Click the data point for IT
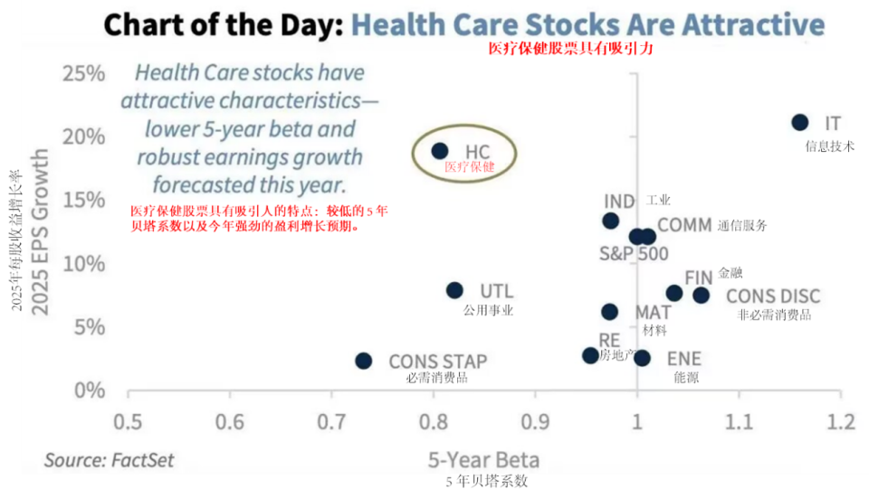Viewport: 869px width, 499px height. click(800, 122)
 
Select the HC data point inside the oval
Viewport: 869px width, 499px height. click(440, 151)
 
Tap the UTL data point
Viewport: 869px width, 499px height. click(454, 290)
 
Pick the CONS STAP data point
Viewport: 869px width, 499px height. click(363, 361)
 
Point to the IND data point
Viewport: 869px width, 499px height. click(611, 221)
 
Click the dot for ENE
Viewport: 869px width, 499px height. click(642, 358)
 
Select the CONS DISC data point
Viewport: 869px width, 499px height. click(702, 295)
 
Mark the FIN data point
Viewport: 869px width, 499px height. click(674, 293)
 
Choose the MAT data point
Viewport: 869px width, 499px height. click(610, 312)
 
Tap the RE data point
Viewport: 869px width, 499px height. click(590, 355)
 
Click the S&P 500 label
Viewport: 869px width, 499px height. click(634, 254)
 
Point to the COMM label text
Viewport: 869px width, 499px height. click(684, 225)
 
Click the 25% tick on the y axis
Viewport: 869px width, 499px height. click(83, 72)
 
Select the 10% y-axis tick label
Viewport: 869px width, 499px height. click(83, 264)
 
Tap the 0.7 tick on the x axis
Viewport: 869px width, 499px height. click(331, 422)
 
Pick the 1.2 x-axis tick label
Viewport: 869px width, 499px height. click(841, 422)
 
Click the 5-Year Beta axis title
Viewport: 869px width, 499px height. click(483, 459)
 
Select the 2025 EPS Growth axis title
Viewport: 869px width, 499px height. click(40, 232)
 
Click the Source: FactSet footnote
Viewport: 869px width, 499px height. click(110, 459)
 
